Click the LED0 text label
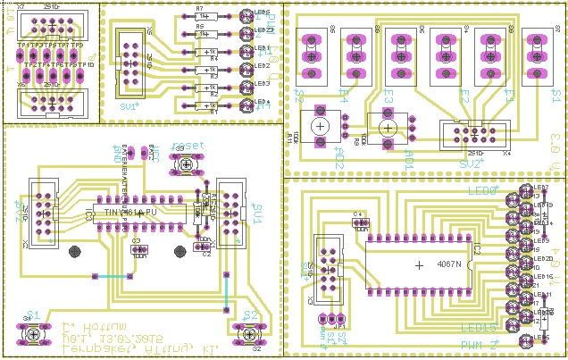point(482,190)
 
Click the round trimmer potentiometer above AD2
point(319,127)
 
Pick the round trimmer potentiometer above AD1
point(387,129)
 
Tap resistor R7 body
point(205,16)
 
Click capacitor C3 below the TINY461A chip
point(138,247)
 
